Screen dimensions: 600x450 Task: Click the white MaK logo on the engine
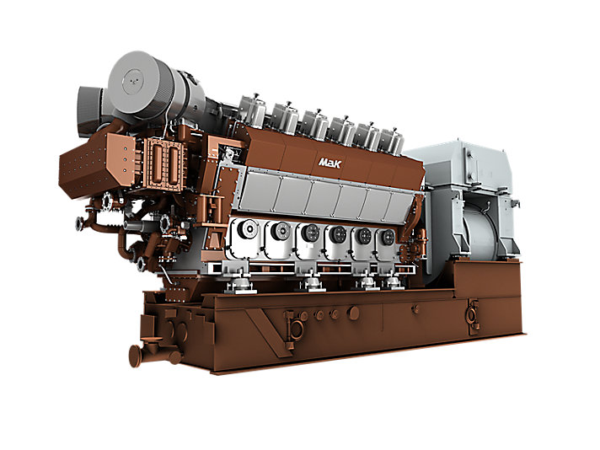[329, 163]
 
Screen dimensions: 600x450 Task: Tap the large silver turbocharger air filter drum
[142, 83]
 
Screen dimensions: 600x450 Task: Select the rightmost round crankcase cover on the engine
[388, 237]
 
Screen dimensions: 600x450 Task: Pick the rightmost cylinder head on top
[391, 142]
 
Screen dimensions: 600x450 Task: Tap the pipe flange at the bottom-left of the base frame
[135, 356]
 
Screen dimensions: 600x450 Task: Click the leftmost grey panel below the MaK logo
[260, 193]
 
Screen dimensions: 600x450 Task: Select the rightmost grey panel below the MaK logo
[400, 208]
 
